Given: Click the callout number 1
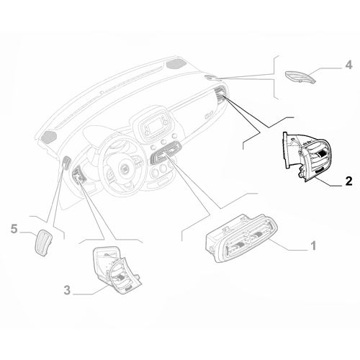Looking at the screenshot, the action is pos(313,246).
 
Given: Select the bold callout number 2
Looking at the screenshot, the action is pos(348,181).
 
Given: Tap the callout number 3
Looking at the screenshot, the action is pos(67,290).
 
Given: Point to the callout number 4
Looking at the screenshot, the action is pos(348,65).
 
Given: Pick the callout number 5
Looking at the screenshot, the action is pos(14,229).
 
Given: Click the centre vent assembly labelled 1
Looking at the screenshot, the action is pos(240,238).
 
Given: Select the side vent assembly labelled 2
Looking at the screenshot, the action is pos(307,156).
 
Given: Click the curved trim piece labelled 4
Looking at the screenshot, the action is pos(300,77).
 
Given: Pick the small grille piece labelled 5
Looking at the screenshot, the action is pos(43,243).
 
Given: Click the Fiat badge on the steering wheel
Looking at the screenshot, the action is pos(125,170).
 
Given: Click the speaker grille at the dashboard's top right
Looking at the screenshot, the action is pos(176,64).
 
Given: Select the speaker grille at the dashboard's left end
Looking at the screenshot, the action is pos(49,136).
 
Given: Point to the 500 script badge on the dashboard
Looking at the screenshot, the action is pos(209,116).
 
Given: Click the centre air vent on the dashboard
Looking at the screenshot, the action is pos(166,152).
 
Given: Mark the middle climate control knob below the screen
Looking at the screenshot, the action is pos(164,142).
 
